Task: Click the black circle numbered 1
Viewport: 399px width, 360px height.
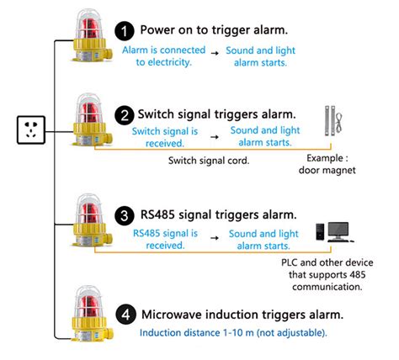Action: click(x=125, y=32)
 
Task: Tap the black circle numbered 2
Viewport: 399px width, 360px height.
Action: click(x=125, y=114)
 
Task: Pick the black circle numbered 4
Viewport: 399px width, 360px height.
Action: click(x=125, y=315)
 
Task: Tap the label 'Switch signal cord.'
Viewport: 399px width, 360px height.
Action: click(x=209, y=160)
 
